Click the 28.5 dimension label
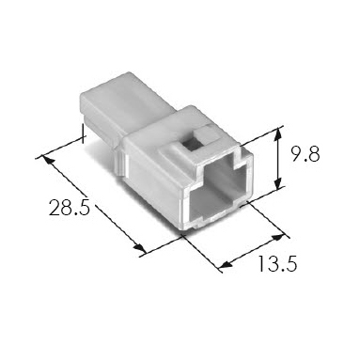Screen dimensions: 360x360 click(70, 208)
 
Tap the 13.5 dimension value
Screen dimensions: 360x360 click(277, 263)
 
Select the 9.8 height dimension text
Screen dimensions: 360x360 click(305, 154)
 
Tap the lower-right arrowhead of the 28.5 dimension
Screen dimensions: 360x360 click(140, 248)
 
